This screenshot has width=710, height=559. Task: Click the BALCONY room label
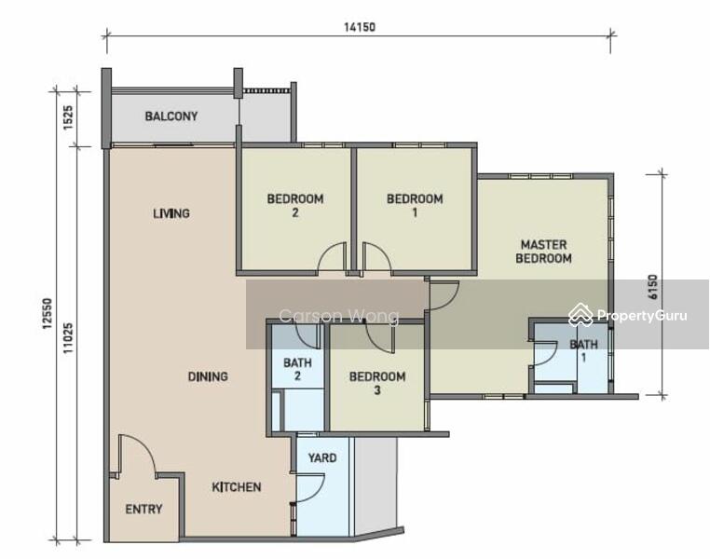[x=171, y=116]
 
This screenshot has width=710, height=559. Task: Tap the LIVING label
[x=171, y=213]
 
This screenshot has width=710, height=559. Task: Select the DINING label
[x=208, y=376]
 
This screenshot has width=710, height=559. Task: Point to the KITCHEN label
[x=237, y=487]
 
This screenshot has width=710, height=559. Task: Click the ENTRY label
[x=143, y=510]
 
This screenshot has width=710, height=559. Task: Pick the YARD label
[x=322, y=458]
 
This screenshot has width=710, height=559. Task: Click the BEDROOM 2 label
[x=295, y=206]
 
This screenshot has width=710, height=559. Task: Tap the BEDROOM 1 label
[x=415, y=206]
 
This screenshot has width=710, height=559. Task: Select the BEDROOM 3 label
[x=377, y=383]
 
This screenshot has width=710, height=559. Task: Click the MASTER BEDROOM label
[x=543, y=252]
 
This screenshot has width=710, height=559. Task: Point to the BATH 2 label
[x=297, y=369]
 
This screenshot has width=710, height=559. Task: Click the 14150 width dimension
[x=360, y=27]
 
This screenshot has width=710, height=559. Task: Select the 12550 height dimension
[x=48, y=313]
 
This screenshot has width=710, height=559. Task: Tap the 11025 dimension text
[x=68, y=337]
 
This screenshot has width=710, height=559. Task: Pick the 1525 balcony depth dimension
[x=68, y=117]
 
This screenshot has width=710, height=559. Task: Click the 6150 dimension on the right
[x=652, y=287]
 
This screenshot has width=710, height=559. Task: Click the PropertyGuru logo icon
[x=580, y=315]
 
